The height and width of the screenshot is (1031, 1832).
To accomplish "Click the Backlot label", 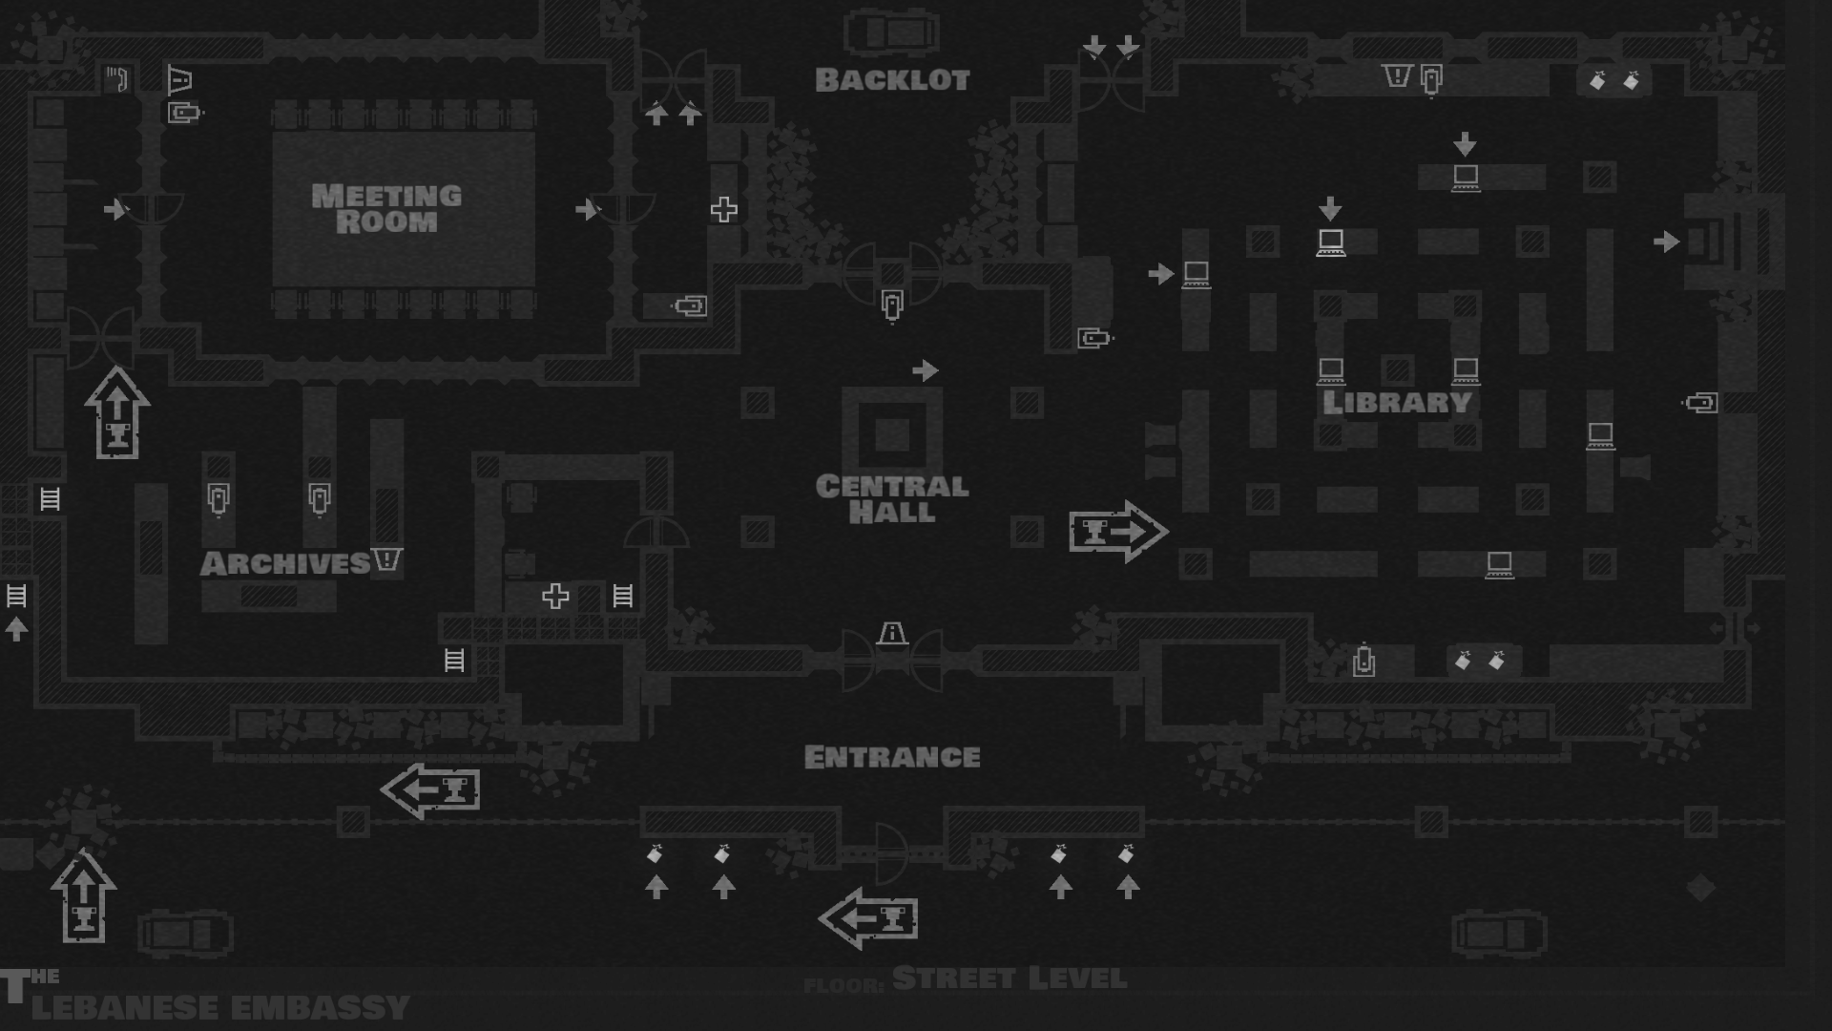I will point(892,80).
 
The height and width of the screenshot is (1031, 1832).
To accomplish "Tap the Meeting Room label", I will point(386,208).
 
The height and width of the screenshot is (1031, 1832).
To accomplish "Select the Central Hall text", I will point(892,498).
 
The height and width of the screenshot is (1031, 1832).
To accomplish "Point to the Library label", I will point(1397,403).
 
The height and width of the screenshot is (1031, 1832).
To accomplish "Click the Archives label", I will point(284,563).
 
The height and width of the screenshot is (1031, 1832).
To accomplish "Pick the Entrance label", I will point(892,757).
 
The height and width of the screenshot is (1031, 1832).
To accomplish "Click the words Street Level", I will point(1010,978).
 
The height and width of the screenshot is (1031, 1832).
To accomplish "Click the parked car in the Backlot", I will point(891,32).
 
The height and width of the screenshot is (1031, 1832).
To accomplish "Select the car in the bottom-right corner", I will point(1499,933).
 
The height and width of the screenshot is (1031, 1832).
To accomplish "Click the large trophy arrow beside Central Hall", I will point(1117,531).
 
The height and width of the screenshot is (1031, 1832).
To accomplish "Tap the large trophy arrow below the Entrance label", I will point(868,918).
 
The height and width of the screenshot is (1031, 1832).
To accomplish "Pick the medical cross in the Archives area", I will point(555,597).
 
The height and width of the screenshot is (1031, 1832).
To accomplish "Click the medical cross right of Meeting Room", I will point(723,210).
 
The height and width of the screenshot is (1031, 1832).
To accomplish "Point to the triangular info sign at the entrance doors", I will point(892,633).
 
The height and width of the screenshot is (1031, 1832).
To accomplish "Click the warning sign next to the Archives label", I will point(386,559).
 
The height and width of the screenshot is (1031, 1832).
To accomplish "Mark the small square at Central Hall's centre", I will point(892,435).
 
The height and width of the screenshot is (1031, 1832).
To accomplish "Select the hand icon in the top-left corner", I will point(116,78).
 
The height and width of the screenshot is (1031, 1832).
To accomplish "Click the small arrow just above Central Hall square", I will point(925,370).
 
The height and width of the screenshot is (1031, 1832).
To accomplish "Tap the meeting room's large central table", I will point(404,208).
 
